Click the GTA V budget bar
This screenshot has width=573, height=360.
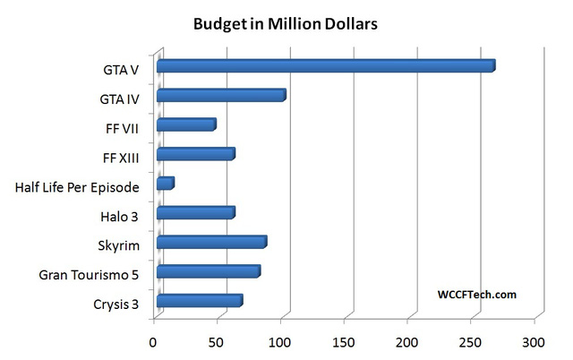325,66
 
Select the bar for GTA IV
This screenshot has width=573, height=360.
220,96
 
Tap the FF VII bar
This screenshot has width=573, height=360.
185,125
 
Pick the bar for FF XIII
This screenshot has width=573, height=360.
195,155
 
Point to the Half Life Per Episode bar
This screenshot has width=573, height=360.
165,184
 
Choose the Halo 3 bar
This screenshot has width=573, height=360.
195,213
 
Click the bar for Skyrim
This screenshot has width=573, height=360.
211,243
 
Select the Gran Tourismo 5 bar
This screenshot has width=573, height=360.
208,271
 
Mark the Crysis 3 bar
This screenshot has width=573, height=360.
199,301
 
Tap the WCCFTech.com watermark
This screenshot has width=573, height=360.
477,294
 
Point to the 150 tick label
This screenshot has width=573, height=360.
344,343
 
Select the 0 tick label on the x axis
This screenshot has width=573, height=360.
154,343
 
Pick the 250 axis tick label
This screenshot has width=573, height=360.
471,343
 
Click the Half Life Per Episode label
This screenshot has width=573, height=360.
77,187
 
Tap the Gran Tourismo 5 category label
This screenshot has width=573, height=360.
89,275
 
